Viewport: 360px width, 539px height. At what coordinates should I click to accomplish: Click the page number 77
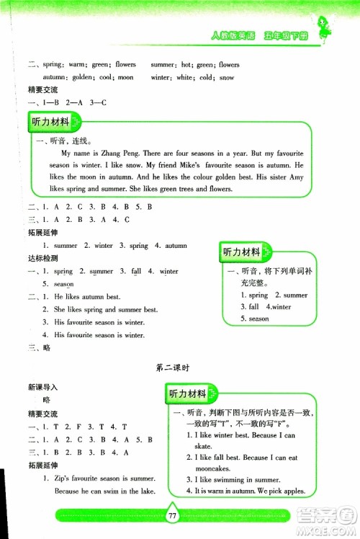pos(171,516)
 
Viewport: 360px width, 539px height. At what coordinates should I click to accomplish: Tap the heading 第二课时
pos(173,367)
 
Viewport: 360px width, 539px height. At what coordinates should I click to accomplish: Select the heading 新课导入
pos(42,387)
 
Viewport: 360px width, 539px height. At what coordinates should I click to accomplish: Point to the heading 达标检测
pos(42,257)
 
